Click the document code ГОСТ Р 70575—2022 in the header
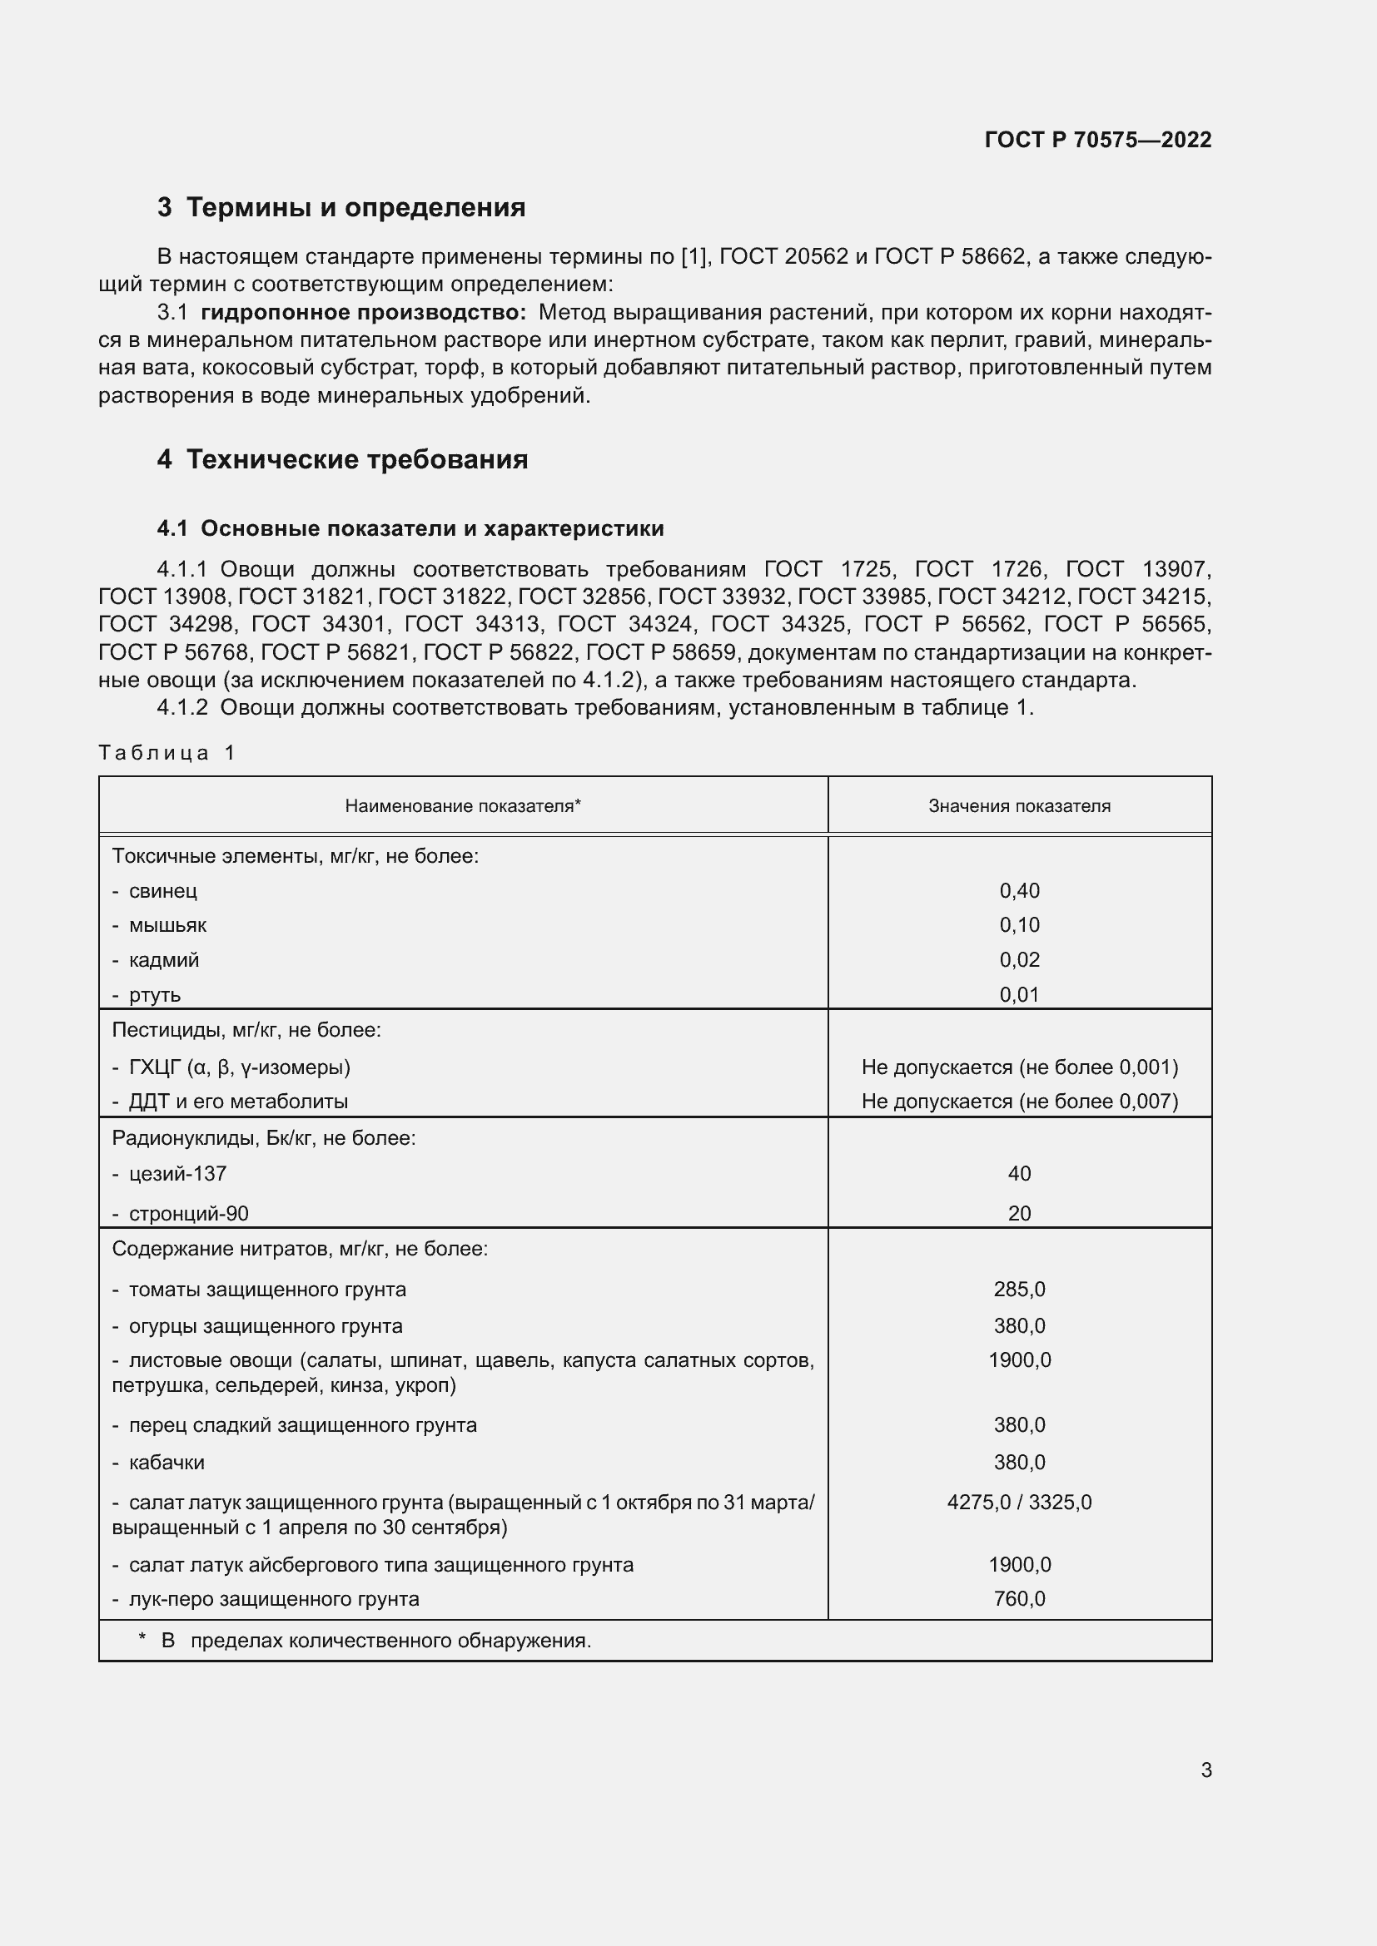point(1098,140)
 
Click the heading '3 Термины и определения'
point(341,208)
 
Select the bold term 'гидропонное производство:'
point(363,313)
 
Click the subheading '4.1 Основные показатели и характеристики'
point(410,529)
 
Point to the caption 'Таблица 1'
point(167,753)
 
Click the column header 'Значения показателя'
point(1019,806)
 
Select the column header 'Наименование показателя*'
point(463,806)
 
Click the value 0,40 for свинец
point(1019,891)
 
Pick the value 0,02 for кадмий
point(1019,959)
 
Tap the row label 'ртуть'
point(154,995)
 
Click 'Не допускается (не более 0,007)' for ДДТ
point(1019,1101)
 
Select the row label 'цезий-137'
point(177,1174)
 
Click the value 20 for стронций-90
point(1019,1214)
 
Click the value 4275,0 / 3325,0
point(1019,1503)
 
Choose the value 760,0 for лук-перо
point(1019,1598)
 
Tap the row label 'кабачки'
point(167,1462)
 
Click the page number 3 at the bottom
point(1205,1770)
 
